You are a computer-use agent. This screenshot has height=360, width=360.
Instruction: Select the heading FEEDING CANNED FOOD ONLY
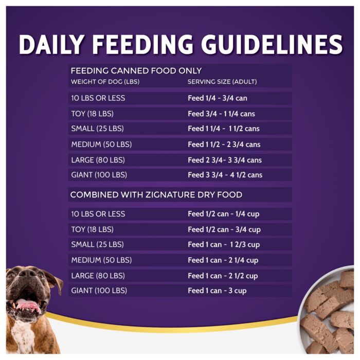(136, 71)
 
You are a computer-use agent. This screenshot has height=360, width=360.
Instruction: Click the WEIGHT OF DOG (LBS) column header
(105, 82)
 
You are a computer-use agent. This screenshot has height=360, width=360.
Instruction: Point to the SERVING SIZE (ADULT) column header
(222, 82)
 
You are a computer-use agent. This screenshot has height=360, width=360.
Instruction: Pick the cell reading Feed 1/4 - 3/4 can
(218, 98)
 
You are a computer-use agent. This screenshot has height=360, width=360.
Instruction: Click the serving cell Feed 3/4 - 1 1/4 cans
(221, 114)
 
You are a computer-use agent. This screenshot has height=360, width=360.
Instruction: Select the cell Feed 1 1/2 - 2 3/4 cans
(224, 145)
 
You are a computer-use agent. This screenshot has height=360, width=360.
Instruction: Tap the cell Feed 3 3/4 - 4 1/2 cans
(225, 175)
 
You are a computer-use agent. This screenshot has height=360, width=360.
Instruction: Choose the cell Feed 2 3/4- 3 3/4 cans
(225, 160)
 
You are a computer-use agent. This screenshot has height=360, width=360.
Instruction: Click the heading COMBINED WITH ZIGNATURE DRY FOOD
(156, 195)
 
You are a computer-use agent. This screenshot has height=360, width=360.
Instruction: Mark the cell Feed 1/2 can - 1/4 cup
(224, 214)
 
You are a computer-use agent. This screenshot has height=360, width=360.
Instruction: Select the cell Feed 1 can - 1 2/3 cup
(224, 244)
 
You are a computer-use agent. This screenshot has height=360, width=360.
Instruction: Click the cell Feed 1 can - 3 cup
(217, 291)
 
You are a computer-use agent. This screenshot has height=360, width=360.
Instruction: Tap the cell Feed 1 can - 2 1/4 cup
(223, 260)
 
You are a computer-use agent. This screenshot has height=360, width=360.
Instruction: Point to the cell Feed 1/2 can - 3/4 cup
(224, 229)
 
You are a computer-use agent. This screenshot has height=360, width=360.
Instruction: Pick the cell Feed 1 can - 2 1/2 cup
(223, 276)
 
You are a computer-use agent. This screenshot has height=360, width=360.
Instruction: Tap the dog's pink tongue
(27, 304)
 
